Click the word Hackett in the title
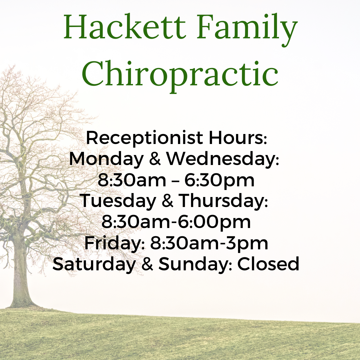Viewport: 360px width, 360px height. (124, 27)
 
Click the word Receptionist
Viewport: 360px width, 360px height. (145, 138)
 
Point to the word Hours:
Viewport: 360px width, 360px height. (238, 138)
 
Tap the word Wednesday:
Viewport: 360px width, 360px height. (222, 159)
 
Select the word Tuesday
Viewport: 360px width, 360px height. (118, 201)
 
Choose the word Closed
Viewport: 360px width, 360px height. (268, 264)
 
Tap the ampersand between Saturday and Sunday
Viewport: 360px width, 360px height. (147, 264)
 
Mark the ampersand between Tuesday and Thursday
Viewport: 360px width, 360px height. (167, 200)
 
